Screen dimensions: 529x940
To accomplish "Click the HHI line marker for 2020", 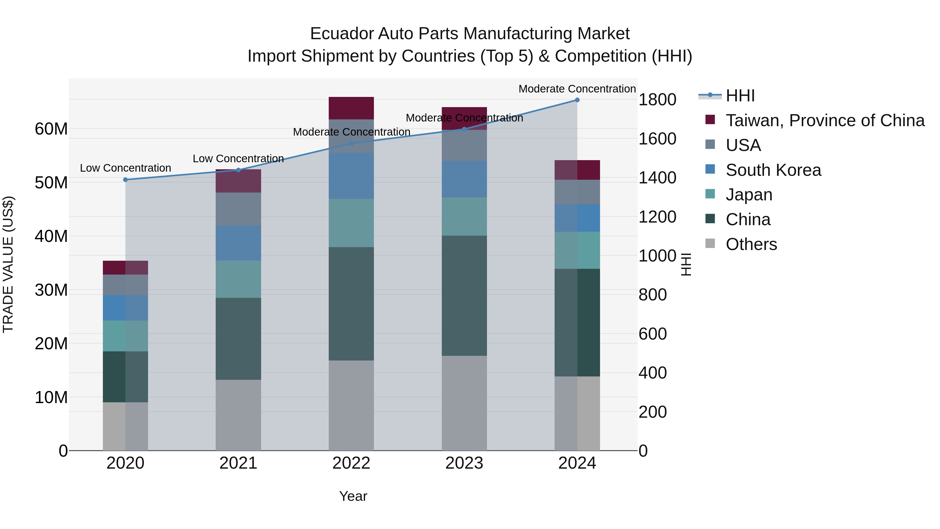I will pyautogui.click(x=126, y=180).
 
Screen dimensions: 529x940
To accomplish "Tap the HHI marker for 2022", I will pyautogui.click(x=351, y=143).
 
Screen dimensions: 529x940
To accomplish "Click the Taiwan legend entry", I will pyautogui.click(x=825, y=120).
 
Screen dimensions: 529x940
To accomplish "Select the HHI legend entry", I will pyautogui.click(x=740, y=96).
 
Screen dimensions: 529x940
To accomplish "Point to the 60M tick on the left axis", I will pyautogui.click(x=51, y=129).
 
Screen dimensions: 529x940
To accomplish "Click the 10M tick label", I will pyautogui.click(x=51, y=397).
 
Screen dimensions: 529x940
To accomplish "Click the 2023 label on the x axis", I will pyautogui.click(x=464, y=463).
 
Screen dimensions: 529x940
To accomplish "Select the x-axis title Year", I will pyautogui.click(x=353, y=496).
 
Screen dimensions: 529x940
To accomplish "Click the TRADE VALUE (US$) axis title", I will pyautogui.click(x=8, y=264).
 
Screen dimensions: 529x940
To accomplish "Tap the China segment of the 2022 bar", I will pyautogui.click(x=351, y=304).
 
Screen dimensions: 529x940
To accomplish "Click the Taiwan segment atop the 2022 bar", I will pyautogui.click(x=351, y=108).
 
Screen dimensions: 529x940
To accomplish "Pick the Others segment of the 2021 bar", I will pyautogui.click(x=238, y=415).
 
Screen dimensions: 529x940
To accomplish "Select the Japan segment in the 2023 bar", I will pyautogui.click(x=464, y=217).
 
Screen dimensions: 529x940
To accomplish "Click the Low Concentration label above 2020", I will pyautogui.click(x=126, y=168).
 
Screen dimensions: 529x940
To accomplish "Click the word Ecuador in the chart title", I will pyautogui.click(x=341, y=34).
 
